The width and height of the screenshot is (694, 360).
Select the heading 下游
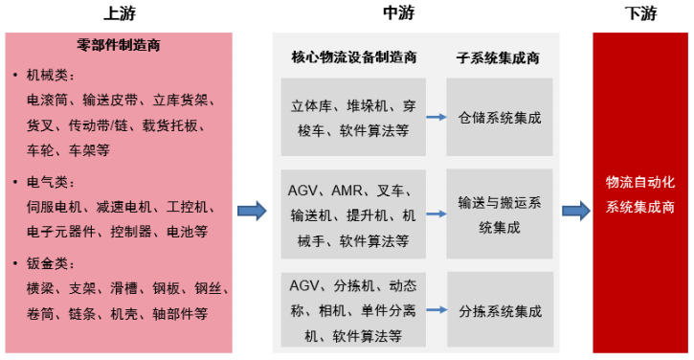coord(639,13)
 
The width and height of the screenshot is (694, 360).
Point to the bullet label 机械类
coord(55,75)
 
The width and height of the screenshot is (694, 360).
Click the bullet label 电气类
coord(55,182)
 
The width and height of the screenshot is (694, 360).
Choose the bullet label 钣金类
coord(55,263)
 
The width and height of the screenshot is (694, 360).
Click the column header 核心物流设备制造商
coord(353,57)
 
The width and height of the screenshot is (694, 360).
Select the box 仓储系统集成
coord(500,118)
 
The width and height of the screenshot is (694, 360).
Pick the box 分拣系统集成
coord(500,311)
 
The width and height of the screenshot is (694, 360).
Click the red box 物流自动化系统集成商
coord(639,193)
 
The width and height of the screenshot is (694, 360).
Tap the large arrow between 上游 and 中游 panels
coord(251,210)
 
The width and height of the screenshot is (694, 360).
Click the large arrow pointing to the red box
coord(575,210)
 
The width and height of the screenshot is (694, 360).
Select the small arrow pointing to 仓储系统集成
coord(436,118)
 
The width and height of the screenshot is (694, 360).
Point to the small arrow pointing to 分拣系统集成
coord(436,311)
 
